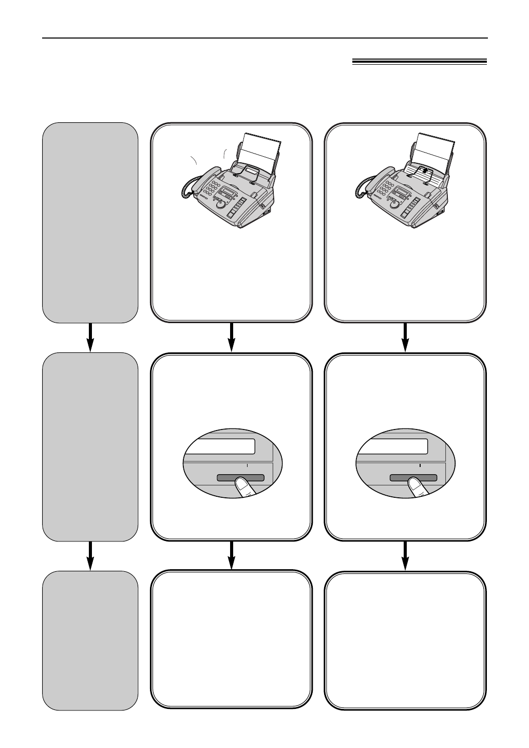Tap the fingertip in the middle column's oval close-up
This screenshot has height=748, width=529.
pos(241,483)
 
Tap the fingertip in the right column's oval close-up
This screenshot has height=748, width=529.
pos(414,483)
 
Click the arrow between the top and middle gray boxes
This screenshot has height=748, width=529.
pos(90,338)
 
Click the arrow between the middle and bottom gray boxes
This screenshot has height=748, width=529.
pos(90,555)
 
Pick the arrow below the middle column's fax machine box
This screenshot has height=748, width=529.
pos(231,338)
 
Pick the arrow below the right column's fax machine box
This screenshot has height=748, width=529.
pos(405,338)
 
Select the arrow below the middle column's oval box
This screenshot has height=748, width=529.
pos(231,555)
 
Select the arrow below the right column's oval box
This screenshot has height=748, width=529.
pos(405,555)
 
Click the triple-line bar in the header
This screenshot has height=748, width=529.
pos(419,62)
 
